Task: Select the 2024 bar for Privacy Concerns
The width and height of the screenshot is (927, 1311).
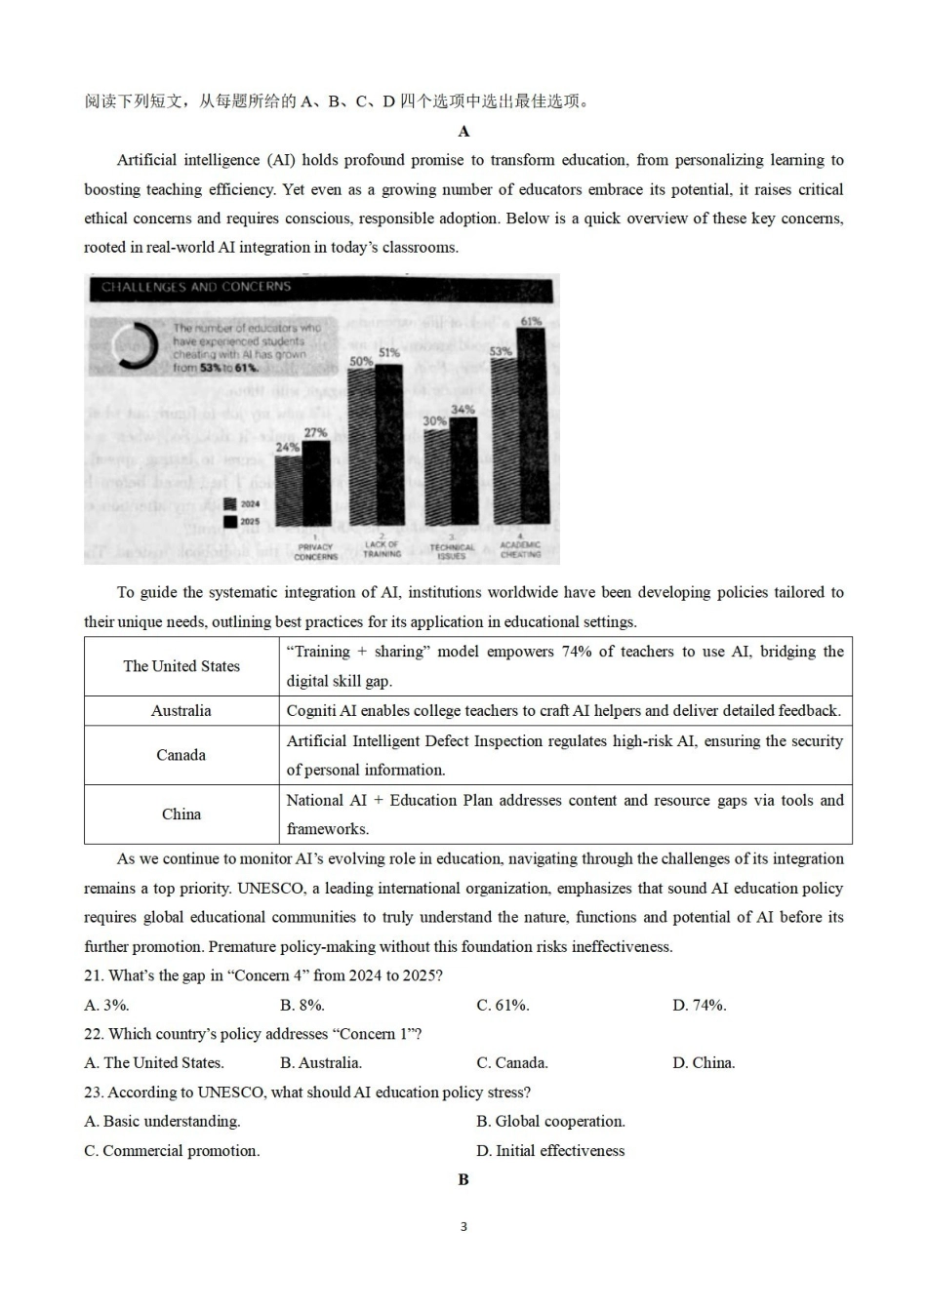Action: tap(288, 493)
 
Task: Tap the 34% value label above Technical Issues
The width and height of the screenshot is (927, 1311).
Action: tap(463, 410)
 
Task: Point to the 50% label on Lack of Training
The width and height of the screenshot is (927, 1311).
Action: tap(360, 361)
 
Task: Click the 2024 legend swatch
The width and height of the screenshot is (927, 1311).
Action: tap(230, 504)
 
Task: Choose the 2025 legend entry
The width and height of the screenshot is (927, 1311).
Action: tap(241, 522)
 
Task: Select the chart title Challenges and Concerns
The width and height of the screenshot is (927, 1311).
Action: tap(196, 287)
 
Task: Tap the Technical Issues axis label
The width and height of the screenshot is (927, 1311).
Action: tap(452, 551)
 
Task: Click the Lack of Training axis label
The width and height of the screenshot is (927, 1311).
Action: tap(383, 549)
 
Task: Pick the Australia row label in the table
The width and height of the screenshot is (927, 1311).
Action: tap(181, 711)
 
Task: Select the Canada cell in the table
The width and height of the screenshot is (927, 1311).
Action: tap(181, 755)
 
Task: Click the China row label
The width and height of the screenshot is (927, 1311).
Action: tap(181, 814)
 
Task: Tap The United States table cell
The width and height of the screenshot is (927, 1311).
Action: tap(181, 666)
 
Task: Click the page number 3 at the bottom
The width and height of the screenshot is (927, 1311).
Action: tap(463, 1226)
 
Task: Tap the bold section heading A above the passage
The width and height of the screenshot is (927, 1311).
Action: tap(463, 132)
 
